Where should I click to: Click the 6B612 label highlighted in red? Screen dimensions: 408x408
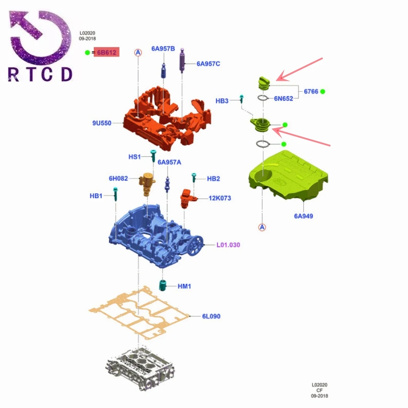point(106,52)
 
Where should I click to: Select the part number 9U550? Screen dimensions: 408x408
point(102,123)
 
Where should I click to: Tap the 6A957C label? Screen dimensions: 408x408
point(208,64)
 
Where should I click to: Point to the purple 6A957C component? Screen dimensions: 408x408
point(182,60)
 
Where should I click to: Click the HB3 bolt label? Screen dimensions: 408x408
point(222,101)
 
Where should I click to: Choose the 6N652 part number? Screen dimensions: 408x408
point(284,98)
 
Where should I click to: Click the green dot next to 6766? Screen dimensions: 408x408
point(323,91)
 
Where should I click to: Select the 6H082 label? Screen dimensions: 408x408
point(118,178)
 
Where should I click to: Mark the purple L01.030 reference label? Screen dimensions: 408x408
point(228,245)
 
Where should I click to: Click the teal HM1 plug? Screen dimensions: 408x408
point(163,286)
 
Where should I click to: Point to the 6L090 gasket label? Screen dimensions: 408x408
point(211,316)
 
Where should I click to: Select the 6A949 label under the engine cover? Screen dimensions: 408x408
point(304,216)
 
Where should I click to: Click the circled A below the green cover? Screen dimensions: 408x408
point(262,227)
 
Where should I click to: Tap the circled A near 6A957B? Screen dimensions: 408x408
point(138,53)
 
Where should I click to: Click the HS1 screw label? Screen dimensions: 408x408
point(135,157)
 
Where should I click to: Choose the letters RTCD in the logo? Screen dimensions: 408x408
point(40,74)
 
